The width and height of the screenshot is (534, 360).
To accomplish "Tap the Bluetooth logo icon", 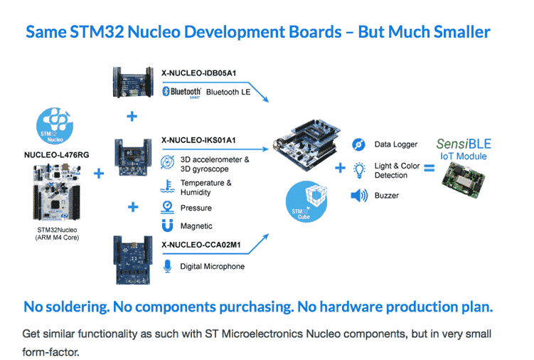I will pyautogui.click(x=166, y=92).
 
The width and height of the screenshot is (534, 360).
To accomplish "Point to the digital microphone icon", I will pyautogui.click(x=167, y=266).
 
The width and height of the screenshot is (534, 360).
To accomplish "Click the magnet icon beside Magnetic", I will pyautogui.click(x=167, y=226).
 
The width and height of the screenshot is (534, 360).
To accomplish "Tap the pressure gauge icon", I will pyautogui.click(x=167, y=207).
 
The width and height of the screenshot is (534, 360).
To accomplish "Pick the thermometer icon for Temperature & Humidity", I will pyautogui.click(x=167, y=186).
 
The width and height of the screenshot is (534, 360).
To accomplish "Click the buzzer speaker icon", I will pyautogui.click(x=359, y=196).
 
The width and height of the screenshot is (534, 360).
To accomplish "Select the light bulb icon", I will pyautogui.click(x=359, y=169).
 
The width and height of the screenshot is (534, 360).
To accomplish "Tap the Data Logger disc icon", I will pyautogui.click(x=359, y=145).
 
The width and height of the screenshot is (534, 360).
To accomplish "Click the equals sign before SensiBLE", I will pyautogui.click(x=429, y=169).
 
